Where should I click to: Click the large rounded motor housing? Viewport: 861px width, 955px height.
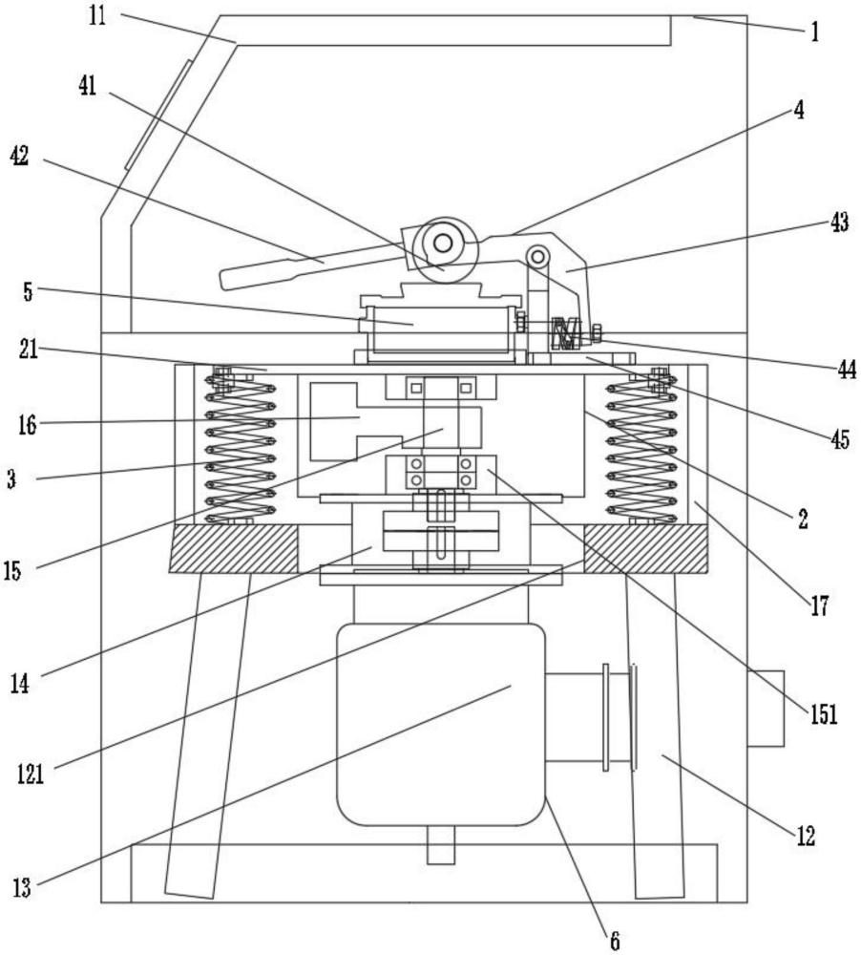click(x=440, y=723)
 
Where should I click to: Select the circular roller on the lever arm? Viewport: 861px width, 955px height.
click(x=442, y=244)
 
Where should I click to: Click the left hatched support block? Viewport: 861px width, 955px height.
click(x=234, y=548)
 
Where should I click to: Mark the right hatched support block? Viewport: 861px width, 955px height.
click(x=646, y=548)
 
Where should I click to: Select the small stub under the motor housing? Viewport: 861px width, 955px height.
click(x=440, y=844)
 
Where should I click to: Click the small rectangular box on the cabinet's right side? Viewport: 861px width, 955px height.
click(x=765, y=708)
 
